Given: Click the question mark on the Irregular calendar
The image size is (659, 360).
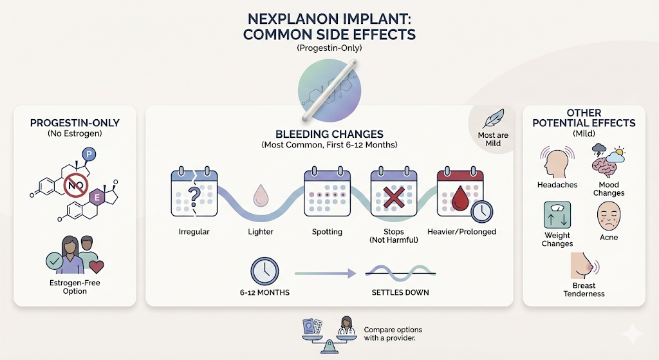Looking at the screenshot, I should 194,194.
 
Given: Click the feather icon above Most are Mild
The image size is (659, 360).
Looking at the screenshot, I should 493,120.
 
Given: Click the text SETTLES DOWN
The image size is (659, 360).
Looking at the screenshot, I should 400,292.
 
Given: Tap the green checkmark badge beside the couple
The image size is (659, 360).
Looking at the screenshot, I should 55,262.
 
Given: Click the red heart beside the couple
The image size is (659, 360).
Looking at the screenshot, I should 97,266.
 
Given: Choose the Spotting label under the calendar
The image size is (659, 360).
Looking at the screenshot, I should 327,232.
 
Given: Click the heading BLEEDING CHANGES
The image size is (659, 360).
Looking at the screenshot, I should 329,134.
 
